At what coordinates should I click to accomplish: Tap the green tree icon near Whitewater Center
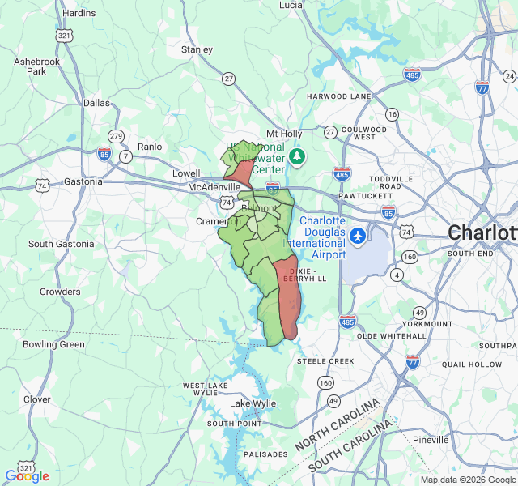pyautogui.click(x=297, y=156)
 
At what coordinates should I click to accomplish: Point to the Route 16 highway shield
pyautogui.click(x=393, y=115)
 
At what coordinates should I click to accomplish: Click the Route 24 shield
pyautogui.click(x=508, y=77)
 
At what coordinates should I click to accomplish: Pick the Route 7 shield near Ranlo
pyautogui.click(x=125, y=156)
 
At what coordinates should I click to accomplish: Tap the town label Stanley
pyautogui.click(x=197, y=49)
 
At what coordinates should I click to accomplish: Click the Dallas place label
pyautogui.click(x=96, y=103)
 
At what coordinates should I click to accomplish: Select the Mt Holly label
pyautogui.click(x=284, y=134)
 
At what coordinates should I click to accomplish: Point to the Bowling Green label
pyautogui.click(x=53, y=344)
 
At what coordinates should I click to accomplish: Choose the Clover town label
pyautogui.click(x=36, y=399)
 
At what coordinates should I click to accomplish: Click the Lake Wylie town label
pyautogui.click(x=253, y=403)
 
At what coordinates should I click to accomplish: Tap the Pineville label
pyautogui.click(x=430, y=440)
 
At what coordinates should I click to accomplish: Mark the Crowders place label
pyautogui.click(x=61, y=292)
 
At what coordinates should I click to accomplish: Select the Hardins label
pyautogui.click(x=79, y=13)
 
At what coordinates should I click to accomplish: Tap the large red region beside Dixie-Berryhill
pyautogui.click(x=289, y=296)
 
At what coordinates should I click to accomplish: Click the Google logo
pyautogui.click(x=27, y=476)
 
